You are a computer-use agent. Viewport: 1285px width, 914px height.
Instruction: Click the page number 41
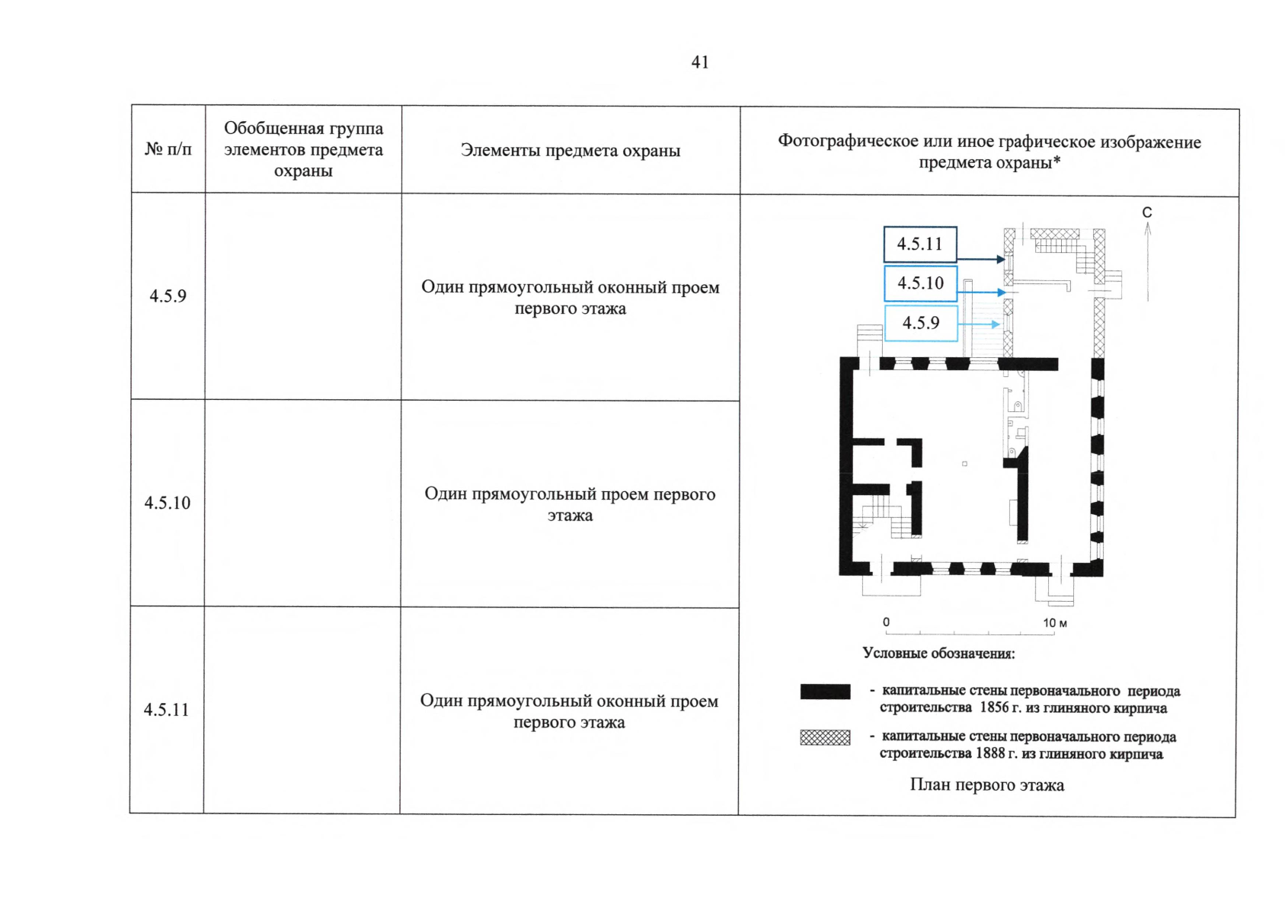[699, 62]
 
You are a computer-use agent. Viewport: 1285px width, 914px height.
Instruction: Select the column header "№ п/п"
[168, 149]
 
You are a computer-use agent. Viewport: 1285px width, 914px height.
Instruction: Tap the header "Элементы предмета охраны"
[570, 151]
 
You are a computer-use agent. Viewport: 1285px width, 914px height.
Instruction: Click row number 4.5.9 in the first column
[168, 296]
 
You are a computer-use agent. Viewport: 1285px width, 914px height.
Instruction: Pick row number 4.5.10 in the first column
[168, 503]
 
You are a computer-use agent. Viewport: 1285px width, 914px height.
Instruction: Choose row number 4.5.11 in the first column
[166, 710]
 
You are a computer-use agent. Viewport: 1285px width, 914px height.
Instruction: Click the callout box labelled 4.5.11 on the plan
[919, 244]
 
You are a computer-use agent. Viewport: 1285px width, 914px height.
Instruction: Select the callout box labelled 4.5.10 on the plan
[920, 283]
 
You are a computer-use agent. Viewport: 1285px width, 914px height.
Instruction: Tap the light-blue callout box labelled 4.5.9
[921, 323]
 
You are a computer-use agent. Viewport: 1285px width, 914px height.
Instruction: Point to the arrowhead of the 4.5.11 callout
[1001, 260]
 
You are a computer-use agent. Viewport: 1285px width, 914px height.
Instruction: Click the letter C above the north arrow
[1147, 213]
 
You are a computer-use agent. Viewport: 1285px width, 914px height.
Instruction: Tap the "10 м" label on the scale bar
[1055, 623]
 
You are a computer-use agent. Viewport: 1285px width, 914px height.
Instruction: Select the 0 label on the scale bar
[886, 622]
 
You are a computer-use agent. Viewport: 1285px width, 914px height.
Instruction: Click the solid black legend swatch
[825, 692]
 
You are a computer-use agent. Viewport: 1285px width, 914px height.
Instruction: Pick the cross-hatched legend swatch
[825, 737]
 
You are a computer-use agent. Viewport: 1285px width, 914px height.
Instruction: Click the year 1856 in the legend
[994, 708]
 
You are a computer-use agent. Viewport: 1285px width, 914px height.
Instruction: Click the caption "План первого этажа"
[986, 785]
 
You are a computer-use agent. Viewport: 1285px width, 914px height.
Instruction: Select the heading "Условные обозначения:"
[938, 654]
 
